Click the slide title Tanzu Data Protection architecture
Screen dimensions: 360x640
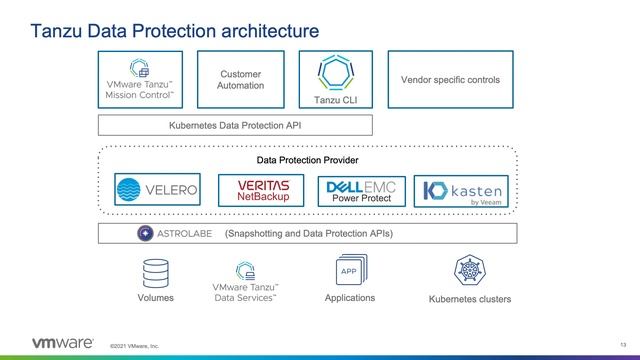pos(161,31)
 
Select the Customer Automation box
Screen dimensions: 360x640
pos(241,79)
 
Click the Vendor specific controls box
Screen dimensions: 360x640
pos(449,79)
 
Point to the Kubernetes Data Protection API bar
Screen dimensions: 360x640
pos(235,125)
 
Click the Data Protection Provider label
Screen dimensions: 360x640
pos(307,160)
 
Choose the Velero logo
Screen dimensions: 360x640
pos(157,189)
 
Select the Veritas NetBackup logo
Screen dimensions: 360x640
pos(262,191)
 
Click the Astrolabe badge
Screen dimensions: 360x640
pos(176,234)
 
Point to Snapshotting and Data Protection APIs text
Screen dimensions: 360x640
pos(309,234)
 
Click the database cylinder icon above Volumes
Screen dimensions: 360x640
pos(155,273)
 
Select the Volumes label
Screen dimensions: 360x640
pos(155,298)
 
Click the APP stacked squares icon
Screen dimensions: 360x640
pos(350,272)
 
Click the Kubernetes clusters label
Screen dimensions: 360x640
pos(470,299)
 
